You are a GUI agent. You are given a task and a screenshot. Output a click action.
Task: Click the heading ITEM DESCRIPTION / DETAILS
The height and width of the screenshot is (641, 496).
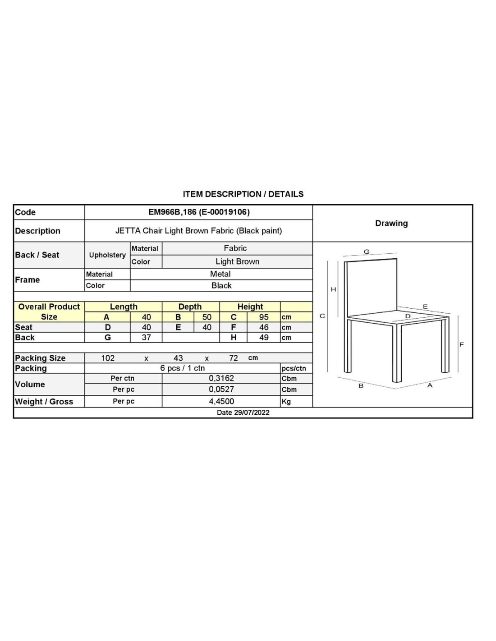tap(243, 194)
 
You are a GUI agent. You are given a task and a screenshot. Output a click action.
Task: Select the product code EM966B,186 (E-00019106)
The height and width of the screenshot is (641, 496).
tap(199, 212)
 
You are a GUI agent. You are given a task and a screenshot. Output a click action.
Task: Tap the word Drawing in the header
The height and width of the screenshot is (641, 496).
tap(391, 223)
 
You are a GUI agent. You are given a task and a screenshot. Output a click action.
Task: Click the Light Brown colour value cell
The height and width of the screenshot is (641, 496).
tap(237, 261)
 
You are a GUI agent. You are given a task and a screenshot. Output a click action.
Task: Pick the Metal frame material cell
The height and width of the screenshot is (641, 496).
tap(220, 274)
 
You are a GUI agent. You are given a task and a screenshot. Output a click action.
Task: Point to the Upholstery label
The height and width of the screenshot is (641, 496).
tap(107, 255)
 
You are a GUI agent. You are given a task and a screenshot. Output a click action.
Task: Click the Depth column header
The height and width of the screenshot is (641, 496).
tap(190, 307)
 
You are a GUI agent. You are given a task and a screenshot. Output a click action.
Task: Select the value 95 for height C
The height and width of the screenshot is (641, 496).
tap(264, 317)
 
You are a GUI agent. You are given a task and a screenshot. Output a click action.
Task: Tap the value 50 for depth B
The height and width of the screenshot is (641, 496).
tap(207, 317)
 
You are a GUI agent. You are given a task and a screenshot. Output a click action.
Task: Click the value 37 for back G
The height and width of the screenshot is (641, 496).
tap(146, 337)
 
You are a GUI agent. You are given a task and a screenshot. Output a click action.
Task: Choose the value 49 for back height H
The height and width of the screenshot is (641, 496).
tap(264, 337)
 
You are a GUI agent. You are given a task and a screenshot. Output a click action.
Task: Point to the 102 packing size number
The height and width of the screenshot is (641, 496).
tap(108, 358)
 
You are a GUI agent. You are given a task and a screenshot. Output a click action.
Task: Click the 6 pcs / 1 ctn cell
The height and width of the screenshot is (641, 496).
tap(183, 368)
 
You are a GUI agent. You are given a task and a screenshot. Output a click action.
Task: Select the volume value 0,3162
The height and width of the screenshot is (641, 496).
tap(221, 378)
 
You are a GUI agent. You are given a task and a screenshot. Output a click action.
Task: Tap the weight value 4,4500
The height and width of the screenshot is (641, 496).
tap(221, 401)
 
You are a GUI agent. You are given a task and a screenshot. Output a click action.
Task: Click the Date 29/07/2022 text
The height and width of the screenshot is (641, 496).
tap(243, 412)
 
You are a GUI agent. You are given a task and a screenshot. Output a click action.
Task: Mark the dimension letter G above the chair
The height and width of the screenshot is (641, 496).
tap(367, 252)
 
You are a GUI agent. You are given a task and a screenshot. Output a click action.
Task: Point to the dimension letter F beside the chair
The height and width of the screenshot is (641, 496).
tap(461, 344)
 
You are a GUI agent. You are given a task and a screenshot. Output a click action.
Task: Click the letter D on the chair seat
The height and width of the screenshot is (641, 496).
tap(408, 316)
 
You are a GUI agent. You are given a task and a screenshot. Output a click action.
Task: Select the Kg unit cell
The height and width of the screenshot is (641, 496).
tap(286, 402)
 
